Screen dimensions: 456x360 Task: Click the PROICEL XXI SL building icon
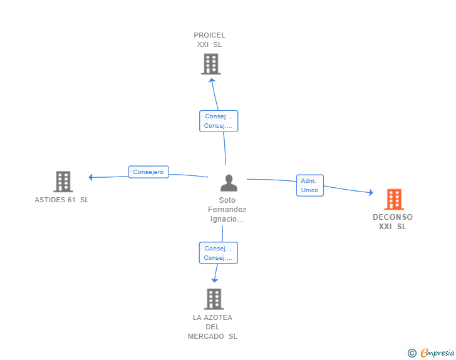click(211, 64)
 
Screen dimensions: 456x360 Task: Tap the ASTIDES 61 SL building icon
click(63, 182)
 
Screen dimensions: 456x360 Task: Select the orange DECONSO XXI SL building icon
click(395, 199)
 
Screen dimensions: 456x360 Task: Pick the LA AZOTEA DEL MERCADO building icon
click(214, 299)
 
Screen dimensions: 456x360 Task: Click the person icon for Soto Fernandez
click(229, 183)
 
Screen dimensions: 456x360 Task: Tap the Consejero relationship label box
click(148, 172)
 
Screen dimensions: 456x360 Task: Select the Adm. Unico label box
click(309, 185)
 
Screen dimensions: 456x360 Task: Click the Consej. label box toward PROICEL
click(219, 121)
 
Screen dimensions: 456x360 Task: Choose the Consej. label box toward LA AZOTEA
click(219, 253)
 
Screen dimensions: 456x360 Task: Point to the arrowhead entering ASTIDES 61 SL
click(90, 177)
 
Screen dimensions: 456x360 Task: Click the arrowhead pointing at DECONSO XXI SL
click(371, 192)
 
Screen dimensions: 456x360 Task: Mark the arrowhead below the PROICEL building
click(212, 80)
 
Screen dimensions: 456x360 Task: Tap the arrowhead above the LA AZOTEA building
click(215, 280)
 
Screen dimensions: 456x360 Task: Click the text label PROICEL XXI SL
click(209, 40)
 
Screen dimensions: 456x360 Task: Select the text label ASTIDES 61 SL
click(61, 200)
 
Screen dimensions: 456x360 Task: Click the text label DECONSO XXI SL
click(393, 222)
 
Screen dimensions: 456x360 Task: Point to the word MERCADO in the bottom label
click(206, 336)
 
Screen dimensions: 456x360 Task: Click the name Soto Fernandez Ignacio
click(227, 209)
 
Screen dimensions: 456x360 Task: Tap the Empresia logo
click(437, 352)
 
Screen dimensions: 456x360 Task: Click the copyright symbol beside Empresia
click(412, 353)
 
